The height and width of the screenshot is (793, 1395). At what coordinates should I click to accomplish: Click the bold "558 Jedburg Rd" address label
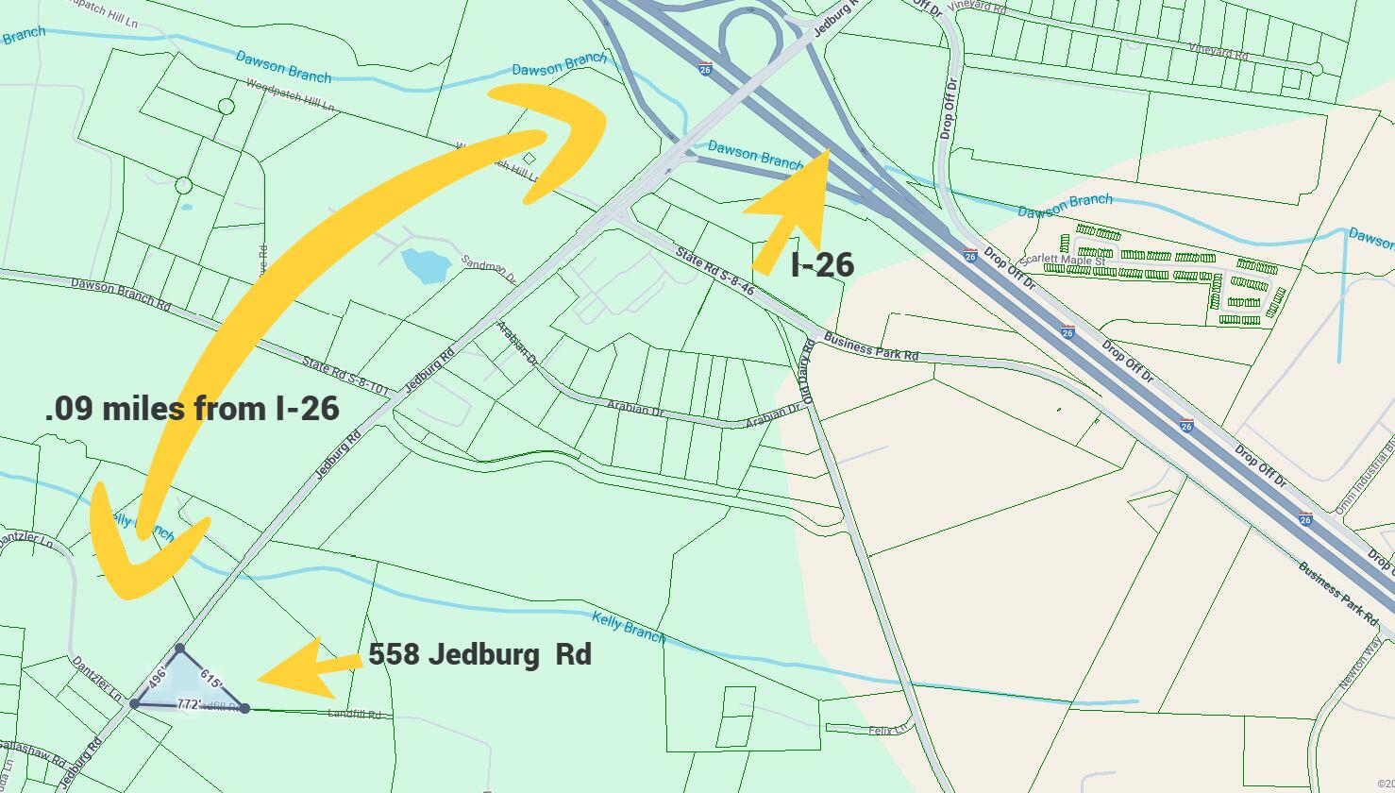pyautogui.click(x=479, y=654)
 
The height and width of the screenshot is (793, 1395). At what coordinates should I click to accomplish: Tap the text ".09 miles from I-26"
pyautogui.click(x=192, y=409)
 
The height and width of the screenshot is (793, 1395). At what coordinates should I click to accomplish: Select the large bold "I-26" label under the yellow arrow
pyautogui.click(x=822, y=265)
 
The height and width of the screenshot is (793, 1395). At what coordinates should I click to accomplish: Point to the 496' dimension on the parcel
pyautogui.click(x=157, y=677)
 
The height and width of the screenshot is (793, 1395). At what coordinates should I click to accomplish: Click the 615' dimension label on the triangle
pyautogui.click(x=211, y=679)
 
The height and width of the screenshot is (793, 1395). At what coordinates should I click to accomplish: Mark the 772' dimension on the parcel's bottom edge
pyautogui.click(x=190, y=704)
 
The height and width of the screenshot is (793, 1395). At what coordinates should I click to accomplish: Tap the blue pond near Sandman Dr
pyautogui.click(x=423, y=265)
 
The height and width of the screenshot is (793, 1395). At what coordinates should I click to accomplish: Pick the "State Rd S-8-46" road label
pyautogui.click(x=715, y=272)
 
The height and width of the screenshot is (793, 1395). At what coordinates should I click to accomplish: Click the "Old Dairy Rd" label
pyautogui.click(x=808, y=369)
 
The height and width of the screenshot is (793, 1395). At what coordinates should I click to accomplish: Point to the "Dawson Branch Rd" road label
pyautogui.click(x=121, y=293)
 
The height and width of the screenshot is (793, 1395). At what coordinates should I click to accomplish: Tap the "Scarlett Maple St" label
pyautogui.click(x=1061, y=260)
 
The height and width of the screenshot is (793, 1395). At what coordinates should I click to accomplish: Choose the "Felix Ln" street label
pyautogui.click(x=891, y=728)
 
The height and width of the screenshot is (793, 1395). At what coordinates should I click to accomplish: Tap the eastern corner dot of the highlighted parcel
pyautogui.click(x=244, y=708)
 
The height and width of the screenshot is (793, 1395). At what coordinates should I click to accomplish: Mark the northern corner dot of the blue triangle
pyautogui.click(x=179, y=649)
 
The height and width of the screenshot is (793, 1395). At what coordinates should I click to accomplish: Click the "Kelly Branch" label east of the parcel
pyautogui.click(x=629, y=627)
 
